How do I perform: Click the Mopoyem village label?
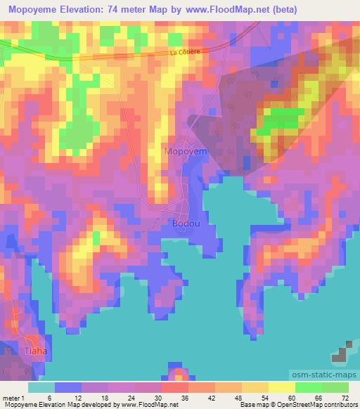[x=186, y=150]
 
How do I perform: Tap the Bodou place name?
[x=186, y=223]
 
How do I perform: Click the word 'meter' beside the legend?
[x=9, y=397]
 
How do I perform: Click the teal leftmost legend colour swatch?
[x=41, y=387]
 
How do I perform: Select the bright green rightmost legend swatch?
[x=335, y=387]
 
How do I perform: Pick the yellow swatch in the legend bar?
[x=281, y=387]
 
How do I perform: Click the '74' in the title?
[x=136, y=10]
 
